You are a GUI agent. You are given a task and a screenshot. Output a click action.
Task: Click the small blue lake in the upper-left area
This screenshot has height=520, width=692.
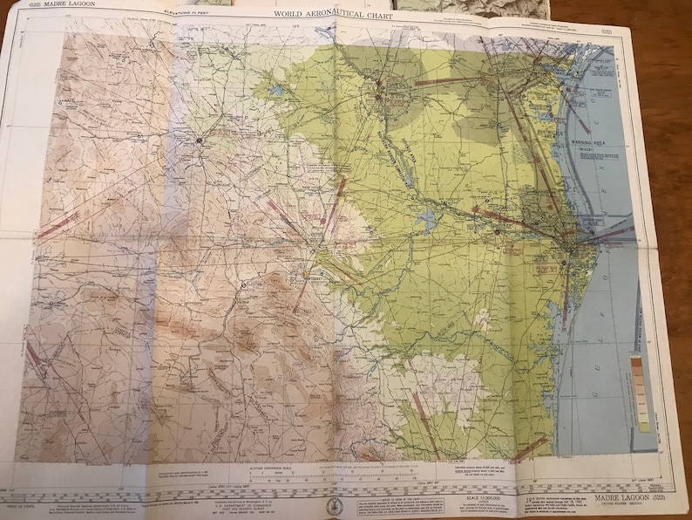tap(276, 90)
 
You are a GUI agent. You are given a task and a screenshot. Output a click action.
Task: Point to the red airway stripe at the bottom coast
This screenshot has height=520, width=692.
tap(534, 445)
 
